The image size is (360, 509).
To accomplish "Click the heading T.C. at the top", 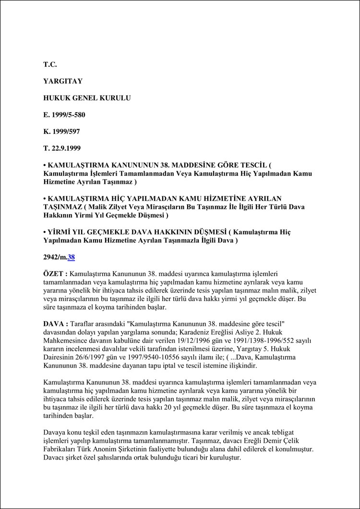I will point(50,63).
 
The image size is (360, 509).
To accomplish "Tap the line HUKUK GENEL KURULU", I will point(87,98).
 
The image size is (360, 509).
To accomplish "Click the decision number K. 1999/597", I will point(62,132).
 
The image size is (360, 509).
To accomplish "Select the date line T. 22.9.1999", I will point(62,149).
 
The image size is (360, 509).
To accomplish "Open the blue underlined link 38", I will point(71,257).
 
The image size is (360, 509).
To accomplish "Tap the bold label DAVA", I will point(54,324).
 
